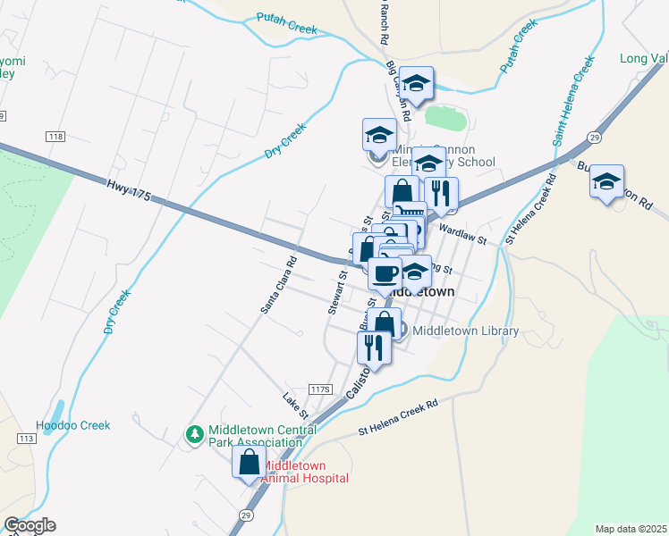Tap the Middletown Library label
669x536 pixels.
[465, 331]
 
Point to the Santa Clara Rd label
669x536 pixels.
[279, 286]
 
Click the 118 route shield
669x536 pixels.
[55, 136]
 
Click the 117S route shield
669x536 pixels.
[320, 389]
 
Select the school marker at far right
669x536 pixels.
[606, 181]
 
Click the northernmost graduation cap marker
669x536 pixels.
[416, 84]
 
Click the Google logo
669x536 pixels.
[30, 526]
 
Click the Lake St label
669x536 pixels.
[295, 405]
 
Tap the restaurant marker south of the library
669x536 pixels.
[374, 347]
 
